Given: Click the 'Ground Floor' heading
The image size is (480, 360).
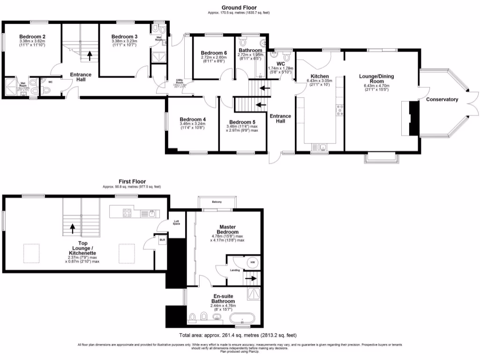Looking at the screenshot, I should (239, 7).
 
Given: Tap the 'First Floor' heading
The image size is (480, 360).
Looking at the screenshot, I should (132, 181).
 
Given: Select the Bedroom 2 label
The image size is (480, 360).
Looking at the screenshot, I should (32, 36).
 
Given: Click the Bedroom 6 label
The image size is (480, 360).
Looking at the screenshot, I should (214, 53).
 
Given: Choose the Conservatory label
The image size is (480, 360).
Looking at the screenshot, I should (442, 99).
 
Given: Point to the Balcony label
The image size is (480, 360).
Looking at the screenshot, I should (217, 202).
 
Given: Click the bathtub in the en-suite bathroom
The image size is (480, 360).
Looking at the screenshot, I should (242, 320).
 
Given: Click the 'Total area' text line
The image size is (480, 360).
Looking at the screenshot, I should (238, 335).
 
